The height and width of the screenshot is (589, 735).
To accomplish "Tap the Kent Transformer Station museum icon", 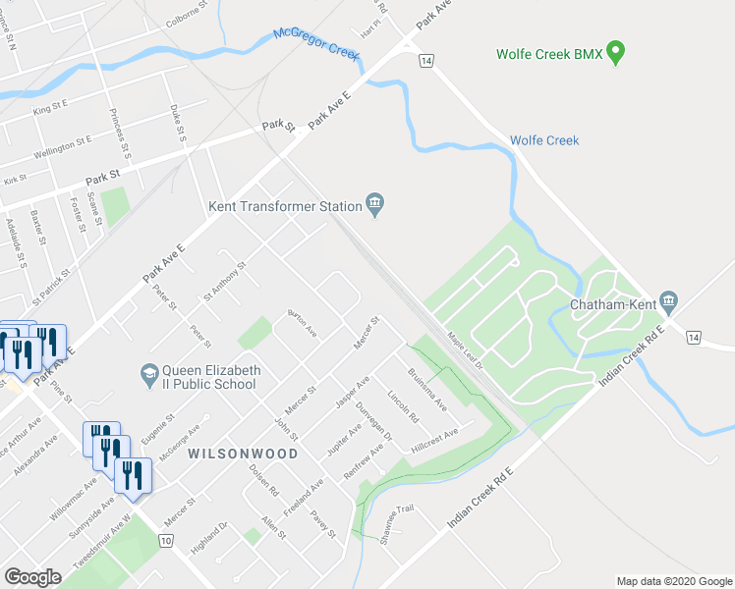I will [x=375, y=204].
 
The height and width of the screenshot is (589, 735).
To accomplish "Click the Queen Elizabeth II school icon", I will [x=148, y=373].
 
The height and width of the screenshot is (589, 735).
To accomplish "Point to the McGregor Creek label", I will [x=317, y=44].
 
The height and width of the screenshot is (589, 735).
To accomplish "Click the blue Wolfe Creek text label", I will [x=544, y=140].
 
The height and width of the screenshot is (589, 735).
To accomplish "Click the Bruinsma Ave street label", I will [x=428, y=390].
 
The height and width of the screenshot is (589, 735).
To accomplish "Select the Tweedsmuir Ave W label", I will [x=104, y=543].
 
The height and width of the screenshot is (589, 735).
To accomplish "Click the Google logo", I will [x=32, y=577].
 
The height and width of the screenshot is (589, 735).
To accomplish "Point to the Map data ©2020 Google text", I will [x=673, y=581].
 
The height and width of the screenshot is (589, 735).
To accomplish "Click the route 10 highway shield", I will [x=165, y=540].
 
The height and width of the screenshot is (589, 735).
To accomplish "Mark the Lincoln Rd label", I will [x=404, y=405].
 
